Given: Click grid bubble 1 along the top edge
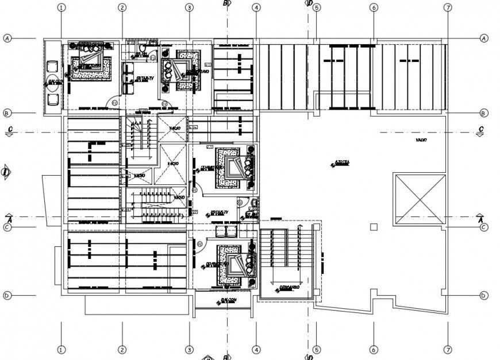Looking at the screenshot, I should click(61, 7).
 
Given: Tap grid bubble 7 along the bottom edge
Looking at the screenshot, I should click(448, 349).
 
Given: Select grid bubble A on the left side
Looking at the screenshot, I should click(7, 38).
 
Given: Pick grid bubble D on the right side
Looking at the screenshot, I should click(484, 296).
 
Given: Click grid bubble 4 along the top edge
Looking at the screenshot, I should click(256, 7).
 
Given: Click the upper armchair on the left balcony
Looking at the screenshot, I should click(53, 65).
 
